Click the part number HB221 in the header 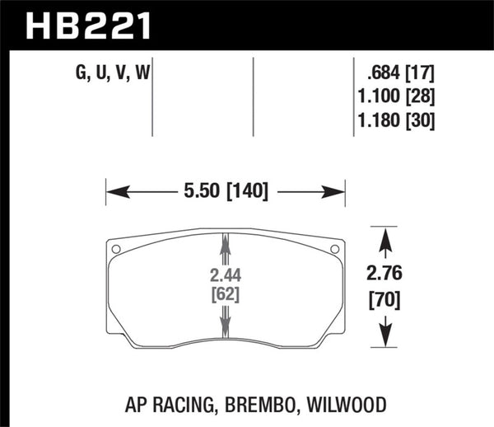click(x=90, y=24)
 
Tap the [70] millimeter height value click(x=383, y=301)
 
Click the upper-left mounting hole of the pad click(x=116, y=249)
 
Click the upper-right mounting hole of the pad click(x=333, y=249)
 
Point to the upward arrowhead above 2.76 click(x=383, y=240)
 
